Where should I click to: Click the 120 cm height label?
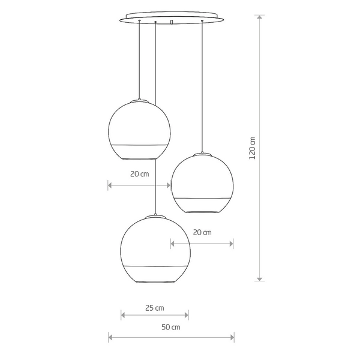[x=252, y=148]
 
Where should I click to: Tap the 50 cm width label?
[x=171, y=327]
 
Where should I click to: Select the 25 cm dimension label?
[x=155, y=308]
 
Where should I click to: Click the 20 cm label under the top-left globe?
[x=140, y=174]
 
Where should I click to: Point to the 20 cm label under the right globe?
[x=202, y=233]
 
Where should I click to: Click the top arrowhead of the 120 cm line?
[x=259, y=17]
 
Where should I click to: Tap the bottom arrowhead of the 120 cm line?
[x=259, y=279]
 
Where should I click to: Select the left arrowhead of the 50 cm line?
[x=110, y=337]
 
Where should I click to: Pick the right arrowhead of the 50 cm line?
[x=232, y=337]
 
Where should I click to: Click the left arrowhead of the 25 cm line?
[x=123, y=315]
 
